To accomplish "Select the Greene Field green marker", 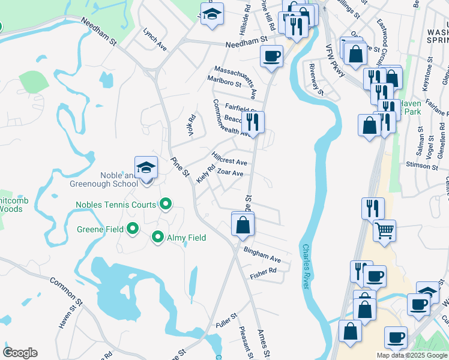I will point(133,229).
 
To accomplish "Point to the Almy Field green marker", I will point(158,238).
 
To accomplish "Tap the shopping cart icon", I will point(384,230).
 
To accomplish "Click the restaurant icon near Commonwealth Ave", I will point(253,122).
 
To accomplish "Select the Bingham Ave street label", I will point(262,255).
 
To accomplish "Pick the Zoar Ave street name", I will point(230,173).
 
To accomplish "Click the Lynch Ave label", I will point(154,38).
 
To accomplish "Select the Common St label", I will point(63,289).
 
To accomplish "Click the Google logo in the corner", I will point(20,353).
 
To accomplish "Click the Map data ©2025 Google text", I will point(412,355).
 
